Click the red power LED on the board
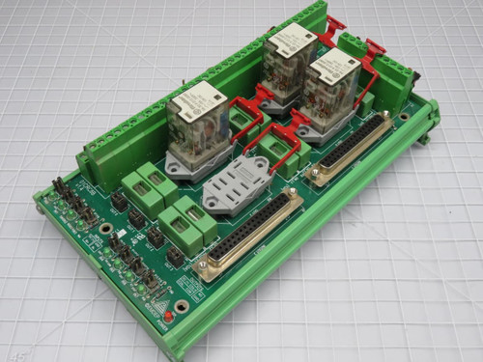coord(165,316)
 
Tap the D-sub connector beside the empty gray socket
coord(248,236)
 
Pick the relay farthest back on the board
coord(288,60)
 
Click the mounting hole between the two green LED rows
coord(105,229)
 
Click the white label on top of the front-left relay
coord(199,97)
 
